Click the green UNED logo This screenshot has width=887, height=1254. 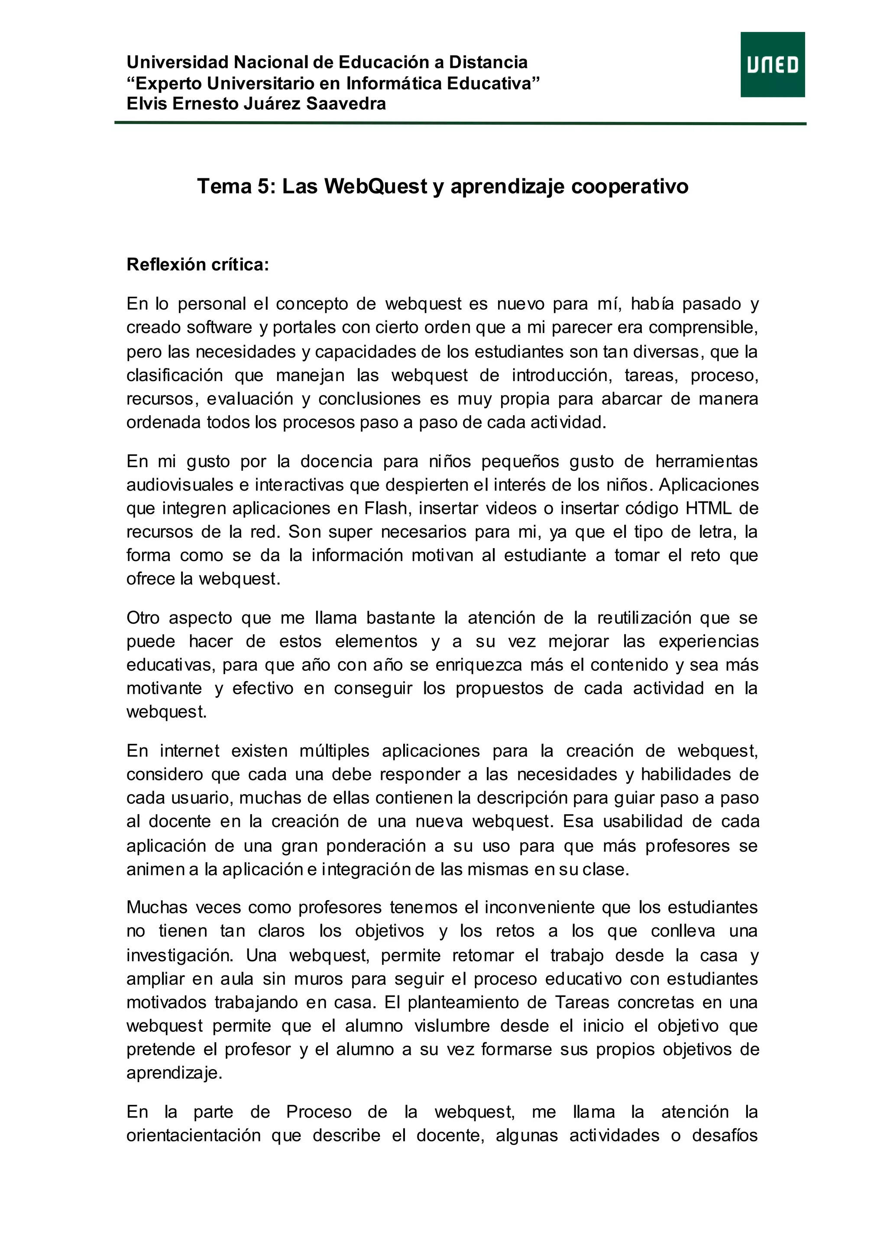point(772,65)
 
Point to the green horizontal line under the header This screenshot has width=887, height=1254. point(460,124)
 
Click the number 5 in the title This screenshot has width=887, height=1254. point(263,186)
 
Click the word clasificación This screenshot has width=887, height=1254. point(175,375)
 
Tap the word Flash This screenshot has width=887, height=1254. point(385,508)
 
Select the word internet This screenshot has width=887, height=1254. point(190,751)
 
